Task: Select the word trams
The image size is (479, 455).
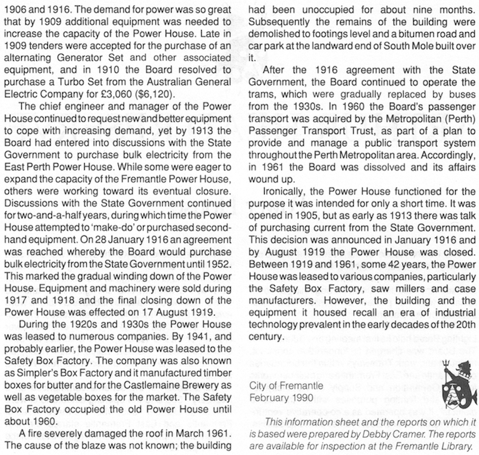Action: pos(266,97)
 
